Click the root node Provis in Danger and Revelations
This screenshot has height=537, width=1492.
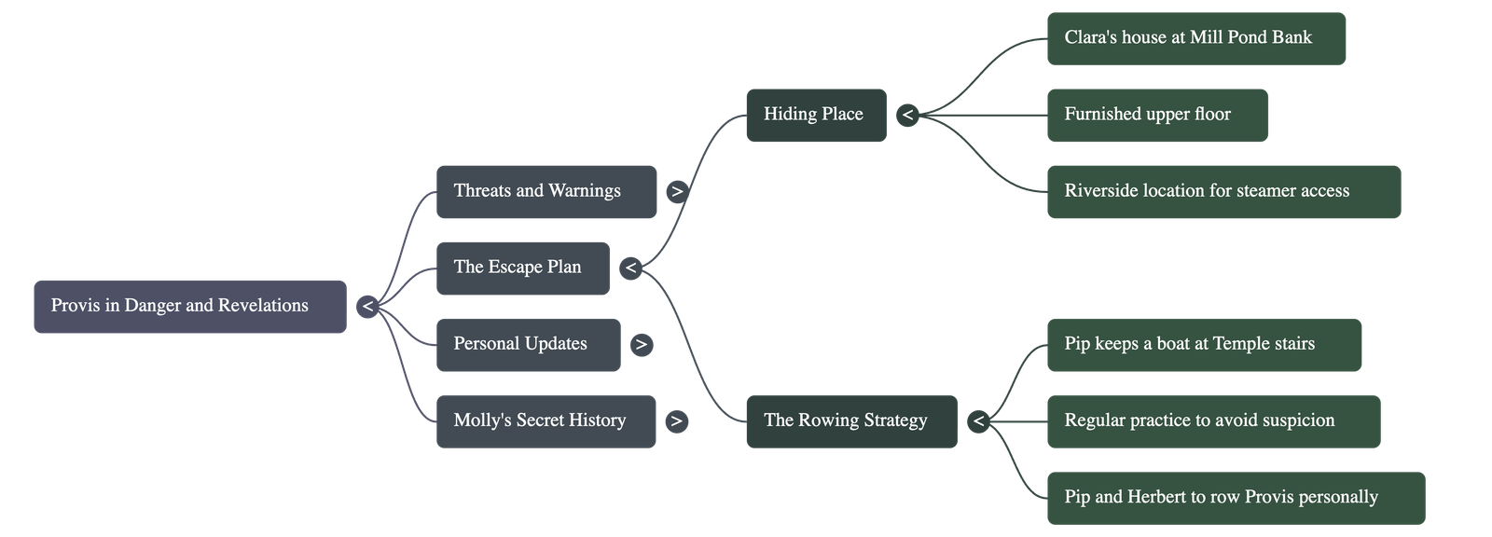189,306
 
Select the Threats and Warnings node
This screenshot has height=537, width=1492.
546,191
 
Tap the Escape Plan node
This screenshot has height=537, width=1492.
522,268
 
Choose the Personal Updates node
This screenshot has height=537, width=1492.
527,344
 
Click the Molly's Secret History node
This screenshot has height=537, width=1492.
545,420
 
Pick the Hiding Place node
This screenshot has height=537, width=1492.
815,115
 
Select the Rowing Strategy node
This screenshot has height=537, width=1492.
850,420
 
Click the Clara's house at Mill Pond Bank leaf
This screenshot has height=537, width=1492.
1195,38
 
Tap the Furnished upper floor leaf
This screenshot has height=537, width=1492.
1156,115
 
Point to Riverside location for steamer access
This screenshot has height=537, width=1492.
1223,191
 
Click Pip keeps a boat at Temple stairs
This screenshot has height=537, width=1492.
1203,344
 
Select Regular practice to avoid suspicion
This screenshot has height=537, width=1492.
1212,420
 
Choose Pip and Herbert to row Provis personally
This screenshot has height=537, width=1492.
1235,497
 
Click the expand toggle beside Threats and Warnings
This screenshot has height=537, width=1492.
677,191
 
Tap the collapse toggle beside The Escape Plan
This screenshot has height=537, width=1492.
631,268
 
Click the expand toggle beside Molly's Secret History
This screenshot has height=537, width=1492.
676,421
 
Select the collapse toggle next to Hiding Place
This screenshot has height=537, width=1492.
907,116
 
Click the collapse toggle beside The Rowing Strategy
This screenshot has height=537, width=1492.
978,421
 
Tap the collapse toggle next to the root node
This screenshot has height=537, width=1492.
367,307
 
